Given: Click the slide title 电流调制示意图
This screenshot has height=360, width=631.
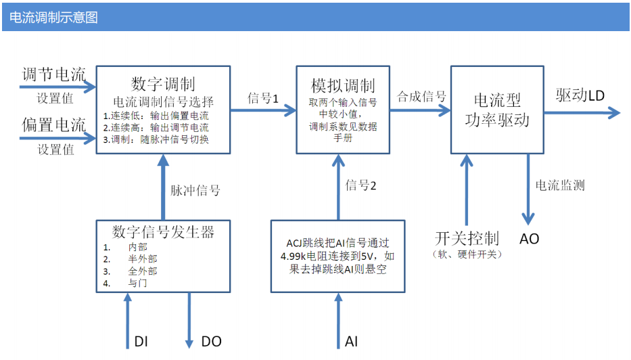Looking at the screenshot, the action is pos(53,18).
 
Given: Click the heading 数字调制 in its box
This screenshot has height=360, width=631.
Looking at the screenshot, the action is pos(163,84).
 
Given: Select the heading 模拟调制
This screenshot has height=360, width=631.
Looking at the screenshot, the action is pos(343,85).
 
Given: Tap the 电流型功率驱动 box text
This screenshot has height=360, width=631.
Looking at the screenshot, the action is pos(497,110).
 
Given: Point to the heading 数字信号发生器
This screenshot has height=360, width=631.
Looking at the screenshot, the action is pos(163,232).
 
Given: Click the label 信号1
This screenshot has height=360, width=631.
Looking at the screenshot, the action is pos(263,98).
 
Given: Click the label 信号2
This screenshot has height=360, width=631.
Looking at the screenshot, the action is pos(360,185).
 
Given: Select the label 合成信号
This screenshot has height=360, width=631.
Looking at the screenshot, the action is pos(421,96).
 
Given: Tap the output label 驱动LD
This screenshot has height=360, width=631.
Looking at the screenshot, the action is pos(580,95).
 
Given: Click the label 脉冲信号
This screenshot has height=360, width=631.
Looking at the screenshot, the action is pos(195,190).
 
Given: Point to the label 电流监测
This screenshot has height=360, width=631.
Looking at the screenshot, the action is pos(560,185).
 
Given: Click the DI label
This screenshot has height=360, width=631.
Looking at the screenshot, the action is pos(141,342).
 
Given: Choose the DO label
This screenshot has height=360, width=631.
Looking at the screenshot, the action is pos(211,342).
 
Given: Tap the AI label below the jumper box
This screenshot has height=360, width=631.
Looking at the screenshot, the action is pos(351,342).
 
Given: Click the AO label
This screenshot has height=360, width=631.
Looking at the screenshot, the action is pos(529,239).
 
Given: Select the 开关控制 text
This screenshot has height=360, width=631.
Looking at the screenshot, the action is pos(467,238).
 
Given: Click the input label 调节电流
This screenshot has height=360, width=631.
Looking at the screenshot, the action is pos(53,74).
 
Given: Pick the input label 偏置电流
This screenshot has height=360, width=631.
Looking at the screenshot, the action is pos(53,125).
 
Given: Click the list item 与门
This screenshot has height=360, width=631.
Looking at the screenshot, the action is pos(137,283).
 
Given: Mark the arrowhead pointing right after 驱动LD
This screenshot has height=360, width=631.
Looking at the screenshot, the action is pos(615,112).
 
